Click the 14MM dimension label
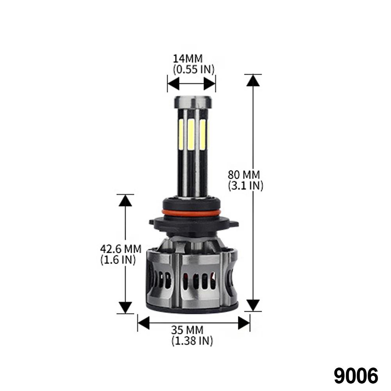click(x=188, y=59)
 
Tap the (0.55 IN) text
click(x=194, y=70)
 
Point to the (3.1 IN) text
click(x=246, y=186)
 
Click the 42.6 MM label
click(x=120, y=248)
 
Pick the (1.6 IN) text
click(x=118, y=259)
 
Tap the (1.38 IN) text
click(x=192, y=341)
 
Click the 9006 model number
click(x=356, y=376)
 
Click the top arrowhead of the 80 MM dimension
click(x=253, y=80)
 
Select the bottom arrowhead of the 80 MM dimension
click(x=253, y=305)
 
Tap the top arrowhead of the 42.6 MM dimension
click(x=125, y=200)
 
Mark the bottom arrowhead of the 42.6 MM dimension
click(x=125, y=307)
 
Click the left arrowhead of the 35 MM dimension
click(x=143, y=323)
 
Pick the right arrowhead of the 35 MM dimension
click(x=244, y=323)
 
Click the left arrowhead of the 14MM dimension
click(x=173, y=83)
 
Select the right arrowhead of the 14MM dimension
click(x=210, y=83)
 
